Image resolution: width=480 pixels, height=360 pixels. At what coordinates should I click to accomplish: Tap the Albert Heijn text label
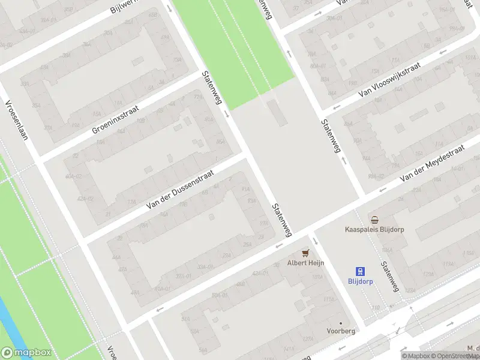(x=305, y=262)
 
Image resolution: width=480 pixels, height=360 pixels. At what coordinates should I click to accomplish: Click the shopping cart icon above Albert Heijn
(x=305, y=253)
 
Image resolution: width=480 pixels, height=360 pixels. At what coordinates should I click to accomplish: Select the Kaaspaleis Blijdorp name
(x=375, y=229)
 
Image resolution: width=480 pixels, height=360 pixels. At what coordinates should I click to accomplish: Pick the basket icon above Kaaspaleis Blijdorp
(x=375, y=220)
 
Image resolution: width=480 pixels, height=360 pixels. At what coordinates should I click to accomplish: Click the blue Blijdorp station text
(x=361, y=281)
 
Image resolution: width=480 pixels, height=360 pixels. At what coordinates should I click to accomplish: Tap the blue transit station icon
(x=361, y=271)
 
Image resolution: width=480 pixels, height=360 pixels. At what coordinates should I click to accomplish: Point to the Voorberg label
(x=341, y=331)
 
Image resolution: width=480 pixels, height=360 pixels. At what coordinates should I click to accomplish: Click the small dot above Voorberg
(x=341, y=323)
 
